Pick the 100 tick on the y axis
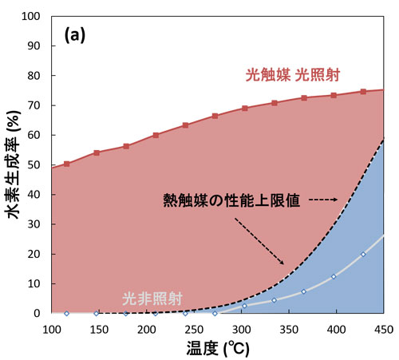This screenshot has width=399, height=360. [x=34, y=16]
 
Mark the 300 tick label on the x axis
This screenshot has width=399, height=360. [x=236, y=329]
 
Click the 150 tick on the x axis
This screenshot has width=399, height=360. [x=109, y=329]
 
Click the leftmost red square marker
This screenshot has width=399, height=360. [x=66, y=164]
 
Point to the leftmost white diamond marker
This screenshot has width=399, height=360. [x=66, y=313]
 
